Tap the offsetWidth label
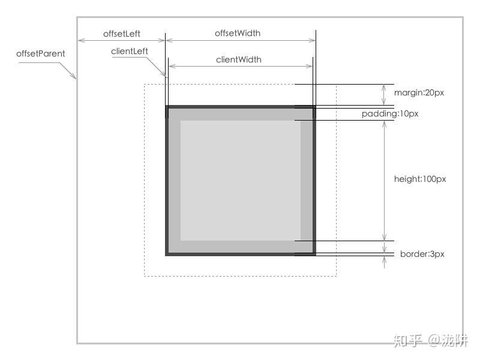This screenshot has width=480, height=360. [x=238, y=33]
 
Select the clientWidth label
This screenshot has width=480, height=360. [x=239, y=59]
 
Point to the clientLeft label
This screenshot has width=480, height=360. [x=130, y=52]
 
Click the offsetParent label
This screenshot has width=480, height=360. [x=41, y=53]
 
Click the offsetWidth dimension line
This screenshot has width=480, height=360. [x=240, y=41]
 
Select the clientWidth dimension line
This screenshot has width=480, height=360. [x=240, y=67]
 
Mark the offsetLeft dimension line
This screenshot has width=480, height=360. [x=121, y=41]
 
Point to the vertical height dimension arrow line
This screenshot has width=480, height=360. [x=385, y=180]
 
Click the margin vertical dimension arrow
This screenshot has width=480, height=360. [x=385, y=95]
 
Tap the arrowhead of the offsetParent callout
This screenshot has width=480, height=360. [x=74, y=77]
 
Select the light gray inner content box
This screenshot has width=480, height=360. [x=240, y=180]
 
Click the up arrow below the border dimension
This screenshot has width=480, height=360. [x=385, y=262]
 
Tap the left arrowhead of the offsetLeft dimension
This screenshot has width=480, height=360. [x=80, y=41]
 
